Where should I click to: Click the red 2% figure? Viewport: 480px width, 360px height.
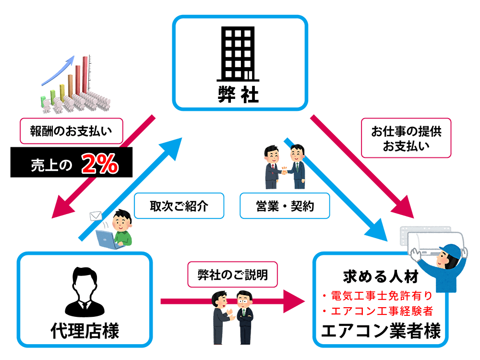pyautogui.click(x=100, y=165)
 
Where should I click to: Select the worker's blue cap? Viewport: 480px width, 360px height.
pyautogui.click(x=451, y=251)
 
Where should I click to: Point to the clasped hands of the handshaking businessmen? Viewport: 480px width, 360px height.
pyautogui.click(x=283, y=170)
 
